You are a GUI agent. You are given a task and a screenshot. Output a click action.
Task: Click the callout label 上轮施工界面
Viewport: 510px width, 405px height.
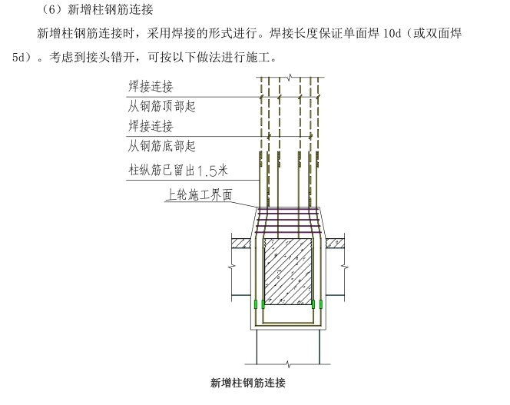pyautogui.click(x=198, y=195)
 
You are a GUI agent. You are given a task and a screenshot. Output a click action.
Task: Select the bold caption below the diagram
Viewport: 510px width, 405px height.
pyautogui.click(x=247, y=382)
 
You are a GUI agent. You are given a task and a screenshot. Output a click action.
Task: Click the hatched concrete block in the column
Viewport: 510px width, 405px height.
pyautogui.click(x=288, y=270)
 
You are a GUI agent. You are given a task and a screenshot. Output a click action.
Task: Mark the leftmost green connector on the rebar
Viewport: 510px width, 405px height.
pyautogui.click(x=255, y=306)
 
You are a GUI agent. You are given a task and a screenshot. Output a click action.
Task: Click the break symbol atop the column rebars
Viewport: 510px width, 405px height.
pyautogui.click(x=289, y=77)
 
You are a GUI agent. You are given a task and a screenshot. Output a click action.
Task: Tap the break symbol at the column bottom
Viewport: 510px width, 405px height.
pyautogui.click(x=289, y=361)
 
